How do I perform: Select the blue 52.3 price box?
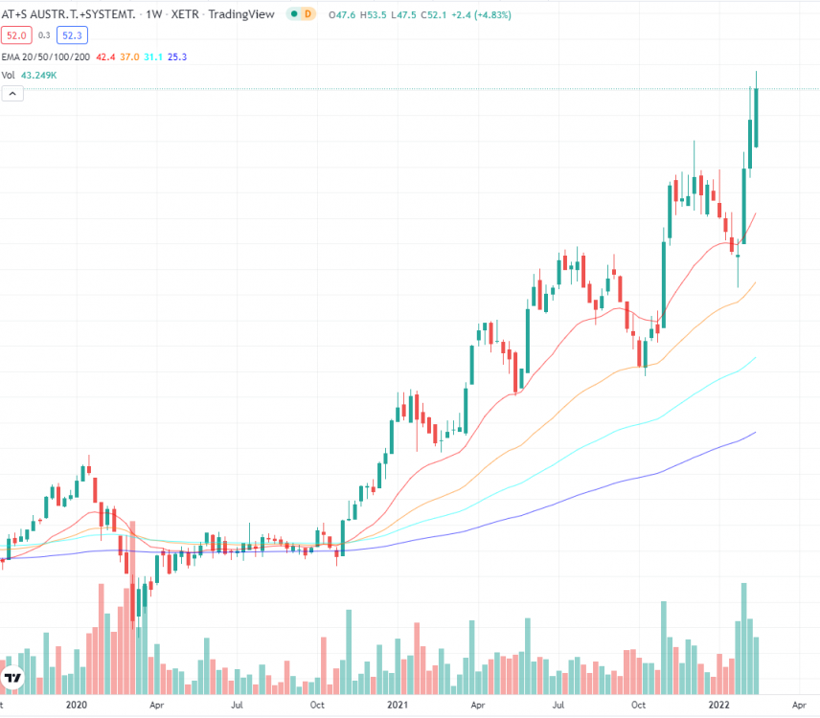pos(73,34)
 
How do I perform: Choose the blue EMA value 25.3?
pos(176,56)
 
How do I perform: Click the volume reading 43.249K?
pos(40,75)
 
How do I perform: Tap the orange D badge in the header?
pos(307,14)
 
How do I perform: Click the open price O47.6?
pos(342,14)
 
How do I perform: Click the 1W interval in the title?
pos(153,14)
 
